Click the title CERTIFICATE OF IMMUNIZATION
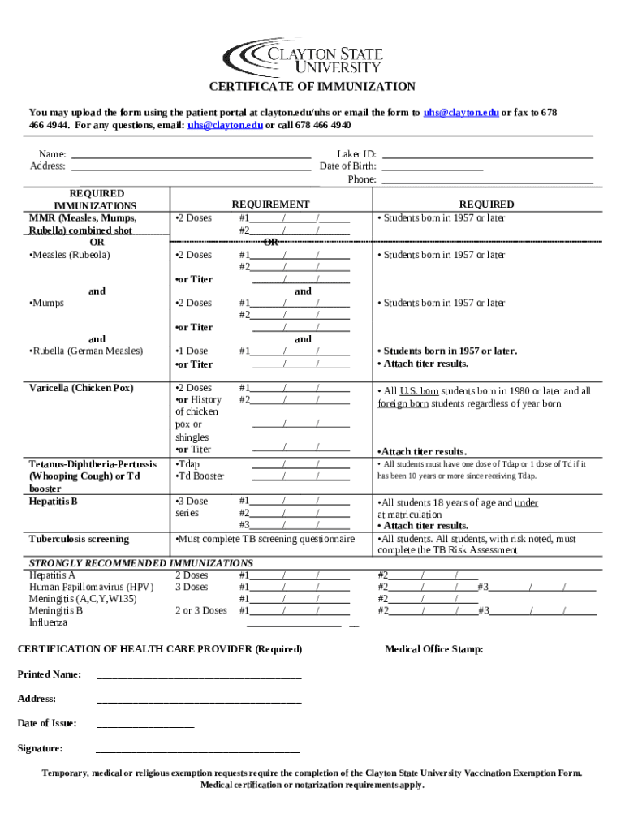[x=312, y=87]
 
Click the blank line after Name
[x=191, y=154]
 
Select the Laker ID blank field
[x=487, y=154]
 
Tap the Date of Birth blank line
[x=432, y=166]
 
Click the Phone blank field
[x=487, y=179]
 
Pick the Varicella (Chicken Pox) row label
[x=81, y=388]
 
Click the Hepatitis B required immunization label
[x=54, y=502]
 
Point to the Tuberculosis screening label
[x=80, y=539]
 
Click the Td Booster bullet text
[x=200, y=476]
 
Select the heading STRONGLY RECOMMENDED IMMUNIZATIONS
[x=141, y=563]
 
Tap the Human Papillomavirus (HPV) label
[x=91, y=587]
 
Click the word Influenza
[x=48, y=622]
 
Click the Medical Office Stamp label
[x=433, y=649]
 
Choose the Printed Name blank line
[x=199, y=675]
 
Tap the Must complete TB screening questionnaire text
[x=265, y=539]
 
